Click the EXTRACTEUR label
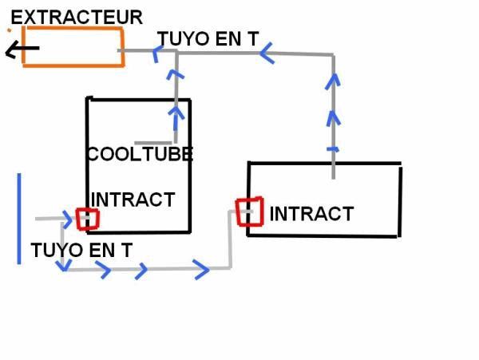click(x=77, y=18)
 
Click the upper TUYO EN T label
click(x=208, y=39)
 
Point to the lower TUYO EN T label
click(x=81, y=250)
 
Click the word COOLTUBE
click(x=141, y=154)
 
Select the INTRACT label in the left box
click(x=133, y=200)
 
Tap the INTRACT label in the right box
click(x=311, y=214)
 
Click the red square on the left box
click(x=77, y=220)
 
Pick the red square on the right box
click(x=238, y=212)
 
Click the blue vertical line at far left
click(x=19, y=219)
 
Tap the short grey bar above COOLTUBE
click(x=153, y=143)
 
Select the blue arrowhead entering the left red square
click(x=68, y=219)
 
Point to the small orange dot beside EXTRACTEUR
click(x=10, y=30)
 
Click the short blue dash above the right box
click(x=333, y=149)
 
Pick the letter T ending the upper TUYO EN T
click(x=253, y=39)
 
